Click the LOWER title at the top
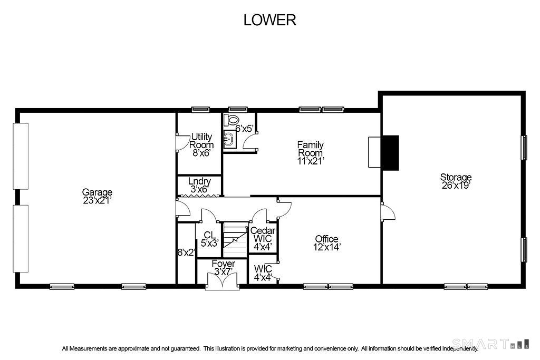[x=269, y=20]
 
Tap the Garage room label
[x=97, y=192]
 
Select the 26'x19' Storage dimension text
[x=456, y=186]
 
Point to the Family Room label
[x=310, y=149]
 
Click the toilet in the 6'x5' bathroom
[x=231, y=120]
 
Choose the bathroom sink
[x=229, y=139]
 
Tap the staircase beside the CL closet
[x=236, y=240]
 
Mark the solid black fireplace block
[x=390, y=153]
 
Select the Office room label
[x=326, y=239]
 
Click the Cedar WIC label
[x=263, y=235]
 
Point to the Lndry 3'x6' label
[x=199, y=185]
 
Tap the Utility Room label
[x=201, y=141]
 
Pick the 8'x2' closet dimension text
[x=186, y=252]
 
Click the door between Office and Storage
[x=388, y=211]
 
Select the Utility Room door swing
[x=182, y=143]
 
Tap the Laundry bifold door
[x=199, y=196]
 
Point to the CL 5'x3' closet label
[x=210, y=239]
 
